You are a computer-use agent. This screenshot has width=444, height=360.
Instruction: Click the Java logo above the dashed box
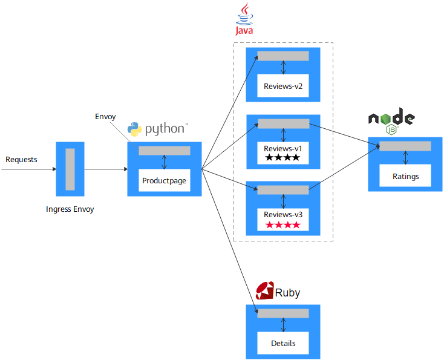tap(244, 19)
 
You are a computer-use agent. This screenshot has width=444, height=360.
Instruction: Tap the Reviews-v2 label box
tap(282, 87)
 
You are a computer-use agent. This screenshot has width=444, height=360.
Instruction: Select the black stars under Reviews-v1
tap(282, 158)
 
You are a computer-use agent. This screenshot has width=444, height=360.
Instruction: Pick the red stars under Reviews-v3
tap(282, 225)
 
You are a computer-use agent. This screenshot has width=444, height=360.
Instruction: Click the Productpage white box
tap(164, 180)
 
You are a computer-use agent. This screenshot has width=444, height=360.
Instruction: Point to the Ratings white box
tap(405, 177)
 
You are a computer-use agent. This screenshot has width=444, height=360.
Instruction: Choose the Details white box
tap(283, 343)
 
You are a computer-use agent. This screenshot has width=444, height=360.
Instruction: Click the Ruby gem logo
tap(264, 292)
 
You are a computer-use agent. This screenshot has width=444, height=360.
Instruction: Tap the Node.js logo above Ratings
tap(391, 122)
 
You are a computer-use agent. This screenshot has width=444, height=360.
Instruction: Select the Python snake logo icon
tap(135, 129)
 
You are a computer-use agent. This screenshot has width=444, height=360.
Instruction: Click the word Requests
tap(21, 160)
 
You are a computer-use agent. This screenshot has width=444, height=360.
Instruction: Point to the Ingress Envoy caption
tap(70, 209)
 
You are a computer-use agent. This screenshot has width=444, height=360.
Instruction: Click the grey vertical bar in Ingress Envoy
tap(70, 169)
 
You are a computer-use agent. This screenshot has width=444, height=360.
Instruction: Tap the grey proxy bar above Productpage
tap(165, 151)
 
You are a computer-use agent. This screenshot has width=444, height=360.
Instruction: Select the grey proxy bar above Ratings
tap(405, 146)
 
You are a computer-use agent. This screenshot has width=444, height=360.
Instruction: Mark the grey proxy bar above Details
tap(283, 313)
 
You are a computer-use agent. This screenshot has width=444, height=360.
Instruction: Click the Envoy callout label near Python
tap(105, 116)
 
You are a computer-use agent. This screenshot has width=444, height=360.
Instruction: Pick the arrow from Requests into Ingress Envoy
tap(28, 169)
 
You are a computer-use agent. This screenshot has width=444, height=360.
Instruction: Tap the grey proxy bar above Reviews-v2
tap(283, 56)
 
